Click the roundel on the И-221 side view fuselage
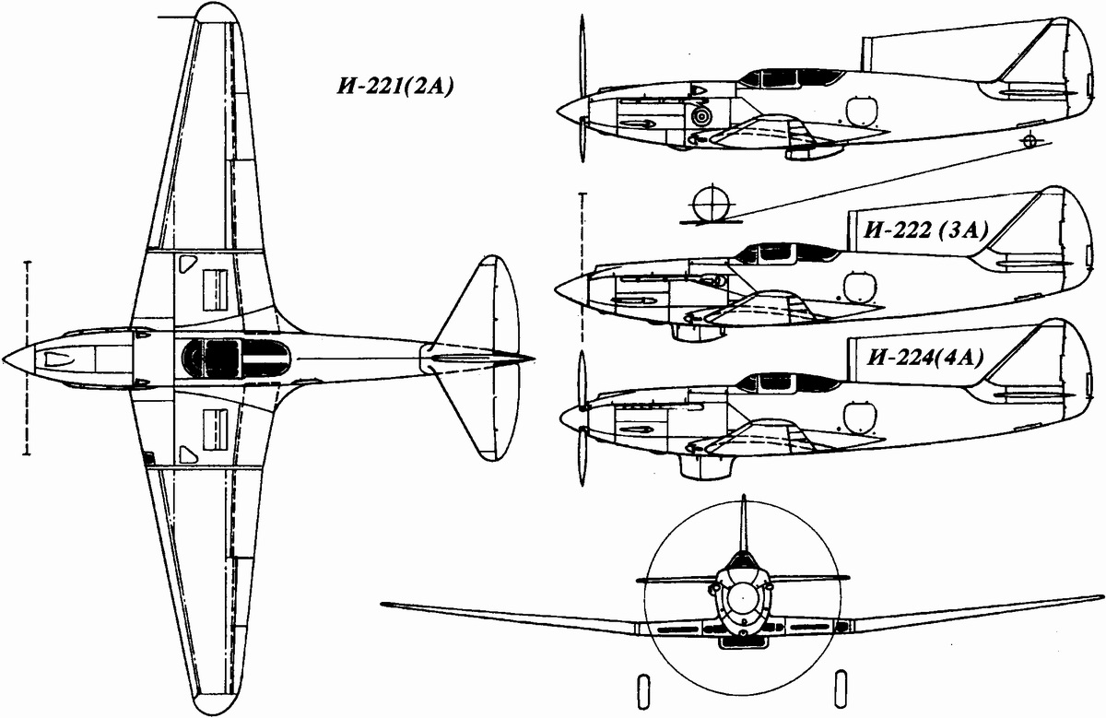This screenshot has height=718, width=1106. (x=702, y=116)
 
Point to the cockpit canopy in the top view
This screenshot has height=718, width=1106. (x=222, y=357)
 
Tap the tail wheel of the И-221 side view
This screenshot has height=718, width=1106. (x=1030, y=140)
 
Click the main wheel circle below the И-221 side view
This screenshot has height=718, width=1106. (x=708, y=204)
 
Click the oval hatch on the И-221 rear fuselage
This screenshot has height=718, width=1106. (x=860, y=112)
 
